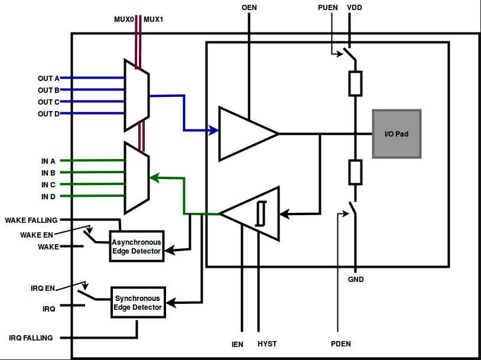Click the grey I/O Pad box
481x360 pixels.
click(396, 134)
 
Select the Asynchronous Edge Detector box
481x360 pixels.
click(136, 247)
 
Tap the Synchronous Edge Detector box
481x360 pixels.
click(138, 303)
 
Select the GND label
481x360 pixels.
click(356, 279)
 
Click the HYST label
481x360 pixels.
click(267, 343)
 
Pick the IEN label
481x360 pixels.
click(237, 343)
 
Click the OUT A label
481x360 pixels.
click(48, 78)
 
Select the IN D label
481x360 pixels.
click(48, 196)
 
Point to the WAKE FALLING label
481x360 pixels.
click(31, 220)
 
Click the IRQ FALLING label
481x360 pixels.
click(31, 338)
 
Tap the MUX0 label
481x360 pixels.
click(124, 20)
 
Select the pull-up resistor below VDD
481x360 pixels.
click(355, 84)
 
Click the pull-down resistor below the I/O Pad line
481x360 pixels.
click(355, 173)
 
